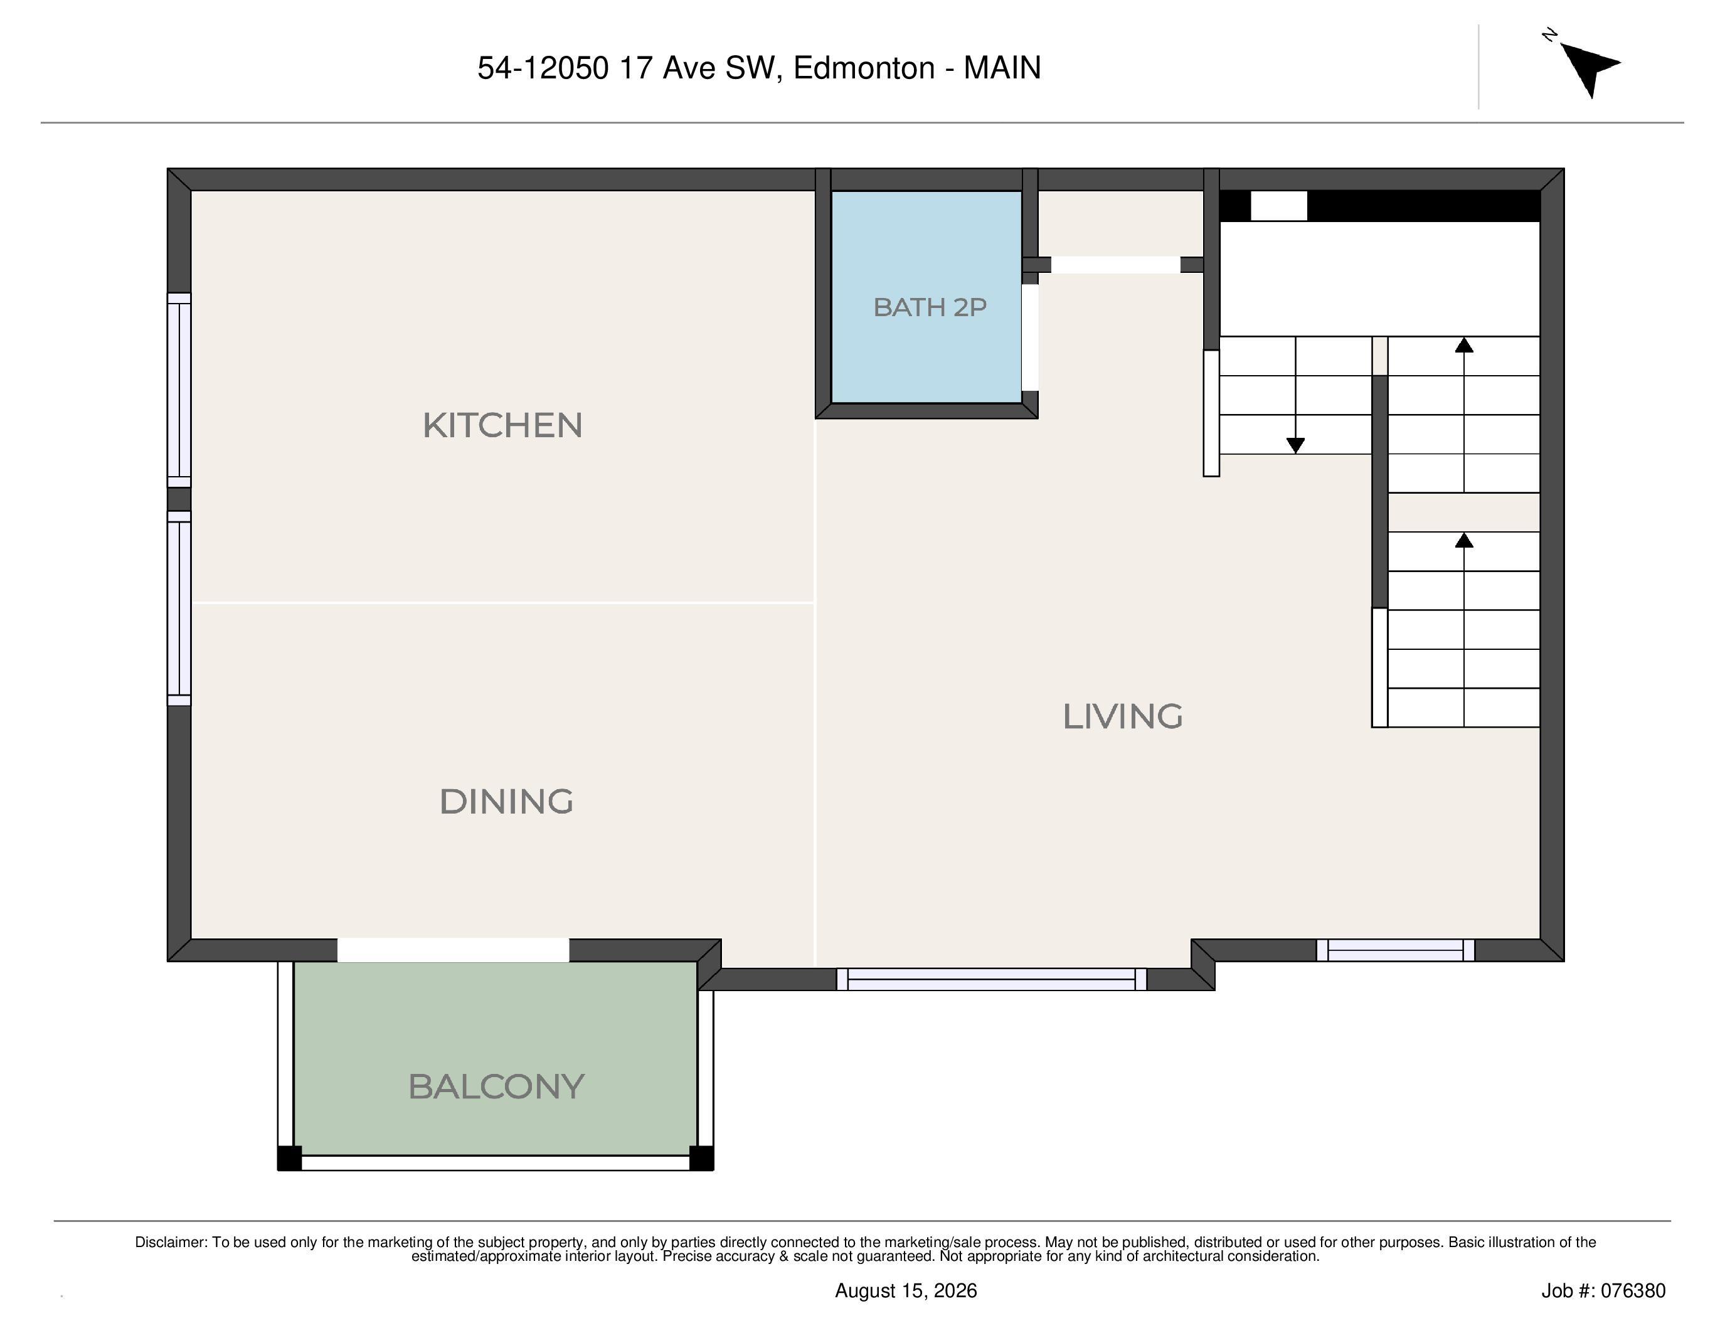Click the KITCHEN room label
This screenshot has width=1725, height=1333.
(x=502, y=426)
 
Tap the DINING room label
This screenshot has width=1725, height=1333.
(x=506, y=802)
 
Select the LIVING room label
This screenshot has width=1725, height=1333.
(x=1122, y=716)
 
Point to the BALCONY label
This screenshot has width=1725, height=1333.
(x=496, y=1086)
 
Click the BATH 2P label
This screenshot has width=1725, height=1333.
(x=930, y=307)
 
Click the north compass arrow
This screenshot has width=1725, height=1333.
(x=1588, y=67)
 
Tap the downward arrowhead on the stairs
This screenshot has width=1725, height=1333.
(x=1295, y=445)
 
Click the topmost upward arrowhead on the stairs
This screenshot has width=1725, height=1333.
(x=1464, y=345)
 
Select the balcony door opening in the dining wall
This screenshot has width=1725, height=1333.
(x=452, y=950)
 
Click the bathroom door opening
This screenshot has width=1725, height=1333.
(x=1030, y=337)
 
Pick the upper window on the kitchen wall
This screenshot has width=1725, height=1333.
(x=179, y=390)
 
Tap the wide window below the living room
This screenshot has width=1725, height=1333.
(x=991, y=979)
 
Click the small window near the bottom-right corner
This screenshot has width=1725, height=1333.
(x=1396, y=950)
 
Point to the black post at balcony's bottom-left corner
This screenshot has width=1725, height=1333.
(x=289, y=1158)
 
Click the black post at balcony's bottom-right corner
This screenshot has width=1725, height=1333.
(x=701, y=1158)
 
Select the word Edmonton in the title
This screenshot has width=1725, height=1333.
(x=864, y=68)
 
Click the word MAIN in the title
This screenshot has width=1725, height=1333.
(x=1002, y=68)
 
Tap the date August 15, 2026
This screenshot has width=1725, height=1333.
(x=906, y=1290)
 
